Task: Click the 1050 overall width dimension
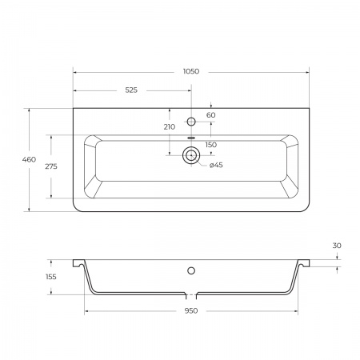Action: coord(191,71)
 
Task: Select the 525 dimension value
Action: coord(131,90)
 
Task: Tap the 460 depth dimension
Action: coord(29,159)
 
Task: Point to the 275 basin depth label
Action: coord(51,166)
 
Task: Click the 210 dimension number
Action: coord(170,127)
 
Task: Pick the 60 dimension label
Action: coord(210,115)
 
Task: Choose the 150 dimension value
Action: coord(211,145)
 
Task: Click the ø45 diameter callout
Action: coord(216,165)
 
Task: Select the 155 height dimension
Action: coord(51,277)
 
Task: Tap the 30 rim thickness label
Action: coord(337,246)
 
